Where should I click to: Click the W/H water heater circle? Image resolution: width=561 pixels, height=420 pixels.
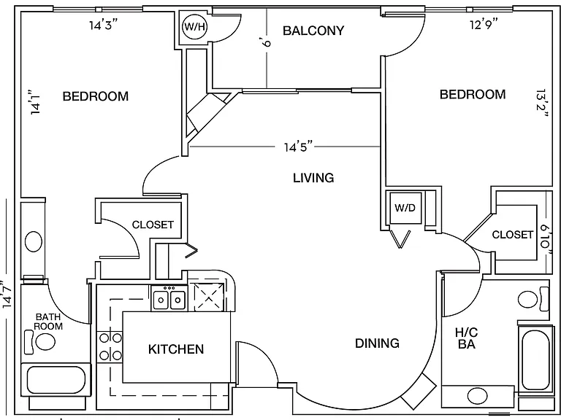(194, 27)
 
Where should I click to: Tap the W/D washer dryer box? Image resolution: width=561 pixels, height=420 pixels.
(405, 208)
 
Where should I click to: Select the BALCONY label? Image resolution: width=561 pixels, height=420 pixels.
(313, 31)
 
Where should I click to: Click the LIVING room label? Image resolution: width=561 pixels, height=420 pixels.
(313, 177)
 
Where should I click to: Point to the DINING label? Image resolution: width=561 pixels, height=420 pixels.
(377, 343)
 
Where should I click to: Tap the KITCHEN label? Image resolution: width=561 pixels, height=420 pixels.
(176, 349)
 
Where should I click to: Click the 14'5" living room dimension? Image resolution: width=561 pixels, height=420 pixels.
(298, 147)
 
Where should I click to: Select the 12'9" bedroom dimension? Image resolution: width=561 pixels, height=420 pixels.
(484, 24)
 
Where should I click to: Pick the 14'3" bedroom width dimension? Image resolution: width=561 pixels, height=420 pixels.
(104, 25)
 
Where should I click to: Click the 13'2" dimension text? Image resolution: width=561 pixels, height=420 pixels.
(543, 104)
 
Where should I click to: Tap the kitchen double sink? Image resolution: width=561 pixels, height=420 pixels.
(169, 300)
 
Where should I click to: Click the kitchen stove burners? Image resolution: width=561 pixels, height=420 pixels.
(110, 346)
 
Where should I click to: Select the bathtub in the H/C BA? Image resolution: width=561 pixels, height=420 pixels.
(535, 359)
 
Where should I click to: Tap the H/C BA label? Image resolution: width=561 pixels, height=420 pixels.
(467, 338)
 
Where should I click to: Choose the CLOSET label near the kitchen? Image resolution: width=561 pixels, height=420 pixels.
(153, 225)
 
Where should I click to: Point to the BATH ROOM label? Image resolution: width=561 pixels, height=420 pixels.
(48, 322)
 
